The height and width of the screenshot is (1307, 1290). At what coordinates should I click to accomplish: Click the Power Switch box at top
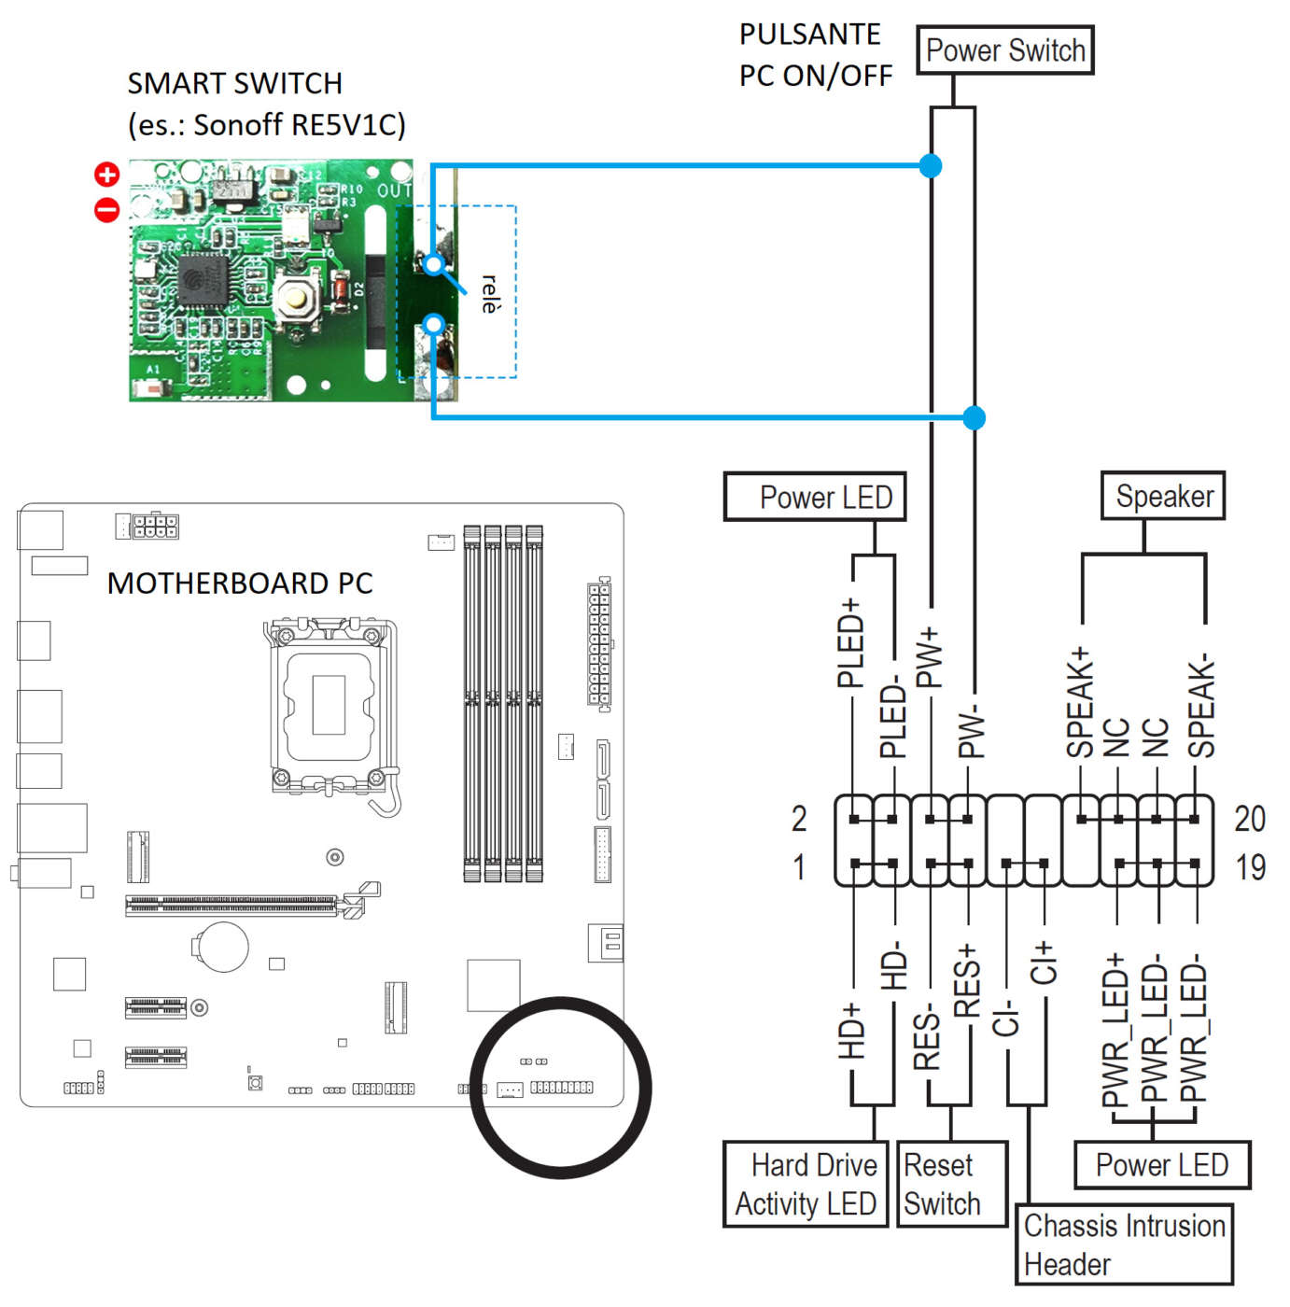pyautogui.click(x=1004, y=50)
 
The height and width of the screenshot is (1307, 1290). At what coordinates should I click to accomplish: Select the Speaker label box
pyautogui.click(x=1163, y=496)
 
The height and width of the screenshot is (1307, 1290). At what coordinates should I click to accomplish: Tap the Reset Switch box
pyautogui.click(x=951, y=1184)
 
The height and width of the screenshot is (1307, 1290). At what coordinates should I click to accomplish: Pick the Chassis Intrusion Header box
pyautogui.click(x=1124, y=1244)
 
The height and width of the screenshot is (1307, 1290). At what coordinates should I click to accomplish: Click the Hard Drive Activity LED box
pyautogui.click(x=805, y=1184)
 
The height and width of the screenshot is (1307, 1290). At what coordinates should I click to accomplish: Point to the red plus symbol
pyautogui.click(x=107, y=174)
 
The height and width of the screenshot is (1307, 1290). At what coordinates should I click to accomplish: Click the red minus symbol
pyautogui.click(x=107, y=210)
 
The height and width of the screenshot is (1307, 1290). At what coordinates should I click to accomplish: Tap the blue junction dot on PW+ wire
pyautogui.click(x=931, y=166)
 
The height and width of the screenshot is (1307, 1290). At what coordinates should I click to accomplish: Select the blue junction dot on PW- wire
pyautogui.click(x=974, y=417)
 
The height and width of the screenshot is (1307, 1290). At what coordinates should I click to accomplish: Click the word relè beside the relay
pyautogui.click(x=489, y=294)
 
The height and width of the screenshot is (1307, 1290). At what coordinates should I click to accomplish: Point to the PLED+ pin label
pyautogui.click(x=849, y=643)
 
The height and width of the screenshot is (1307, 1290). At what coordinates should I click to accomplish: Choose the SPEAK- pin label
pyautogui.click(x=1200, y=706)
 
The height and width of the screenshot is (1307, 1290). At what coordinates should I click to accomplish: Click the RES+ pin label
pyautogui.click(x=967, y=979)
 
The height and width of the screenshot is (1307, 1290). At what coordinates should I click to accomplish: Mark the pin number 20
pyautogui.click(x=1250, y=819)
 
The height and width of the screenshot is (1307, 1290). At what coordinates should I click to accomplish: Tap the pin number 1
pyautogui.click(x=799, y=867)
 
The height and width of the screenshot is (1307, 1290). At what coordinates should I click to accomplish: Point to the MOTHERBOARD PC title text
pyautogui.click(x=240, y=583)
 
